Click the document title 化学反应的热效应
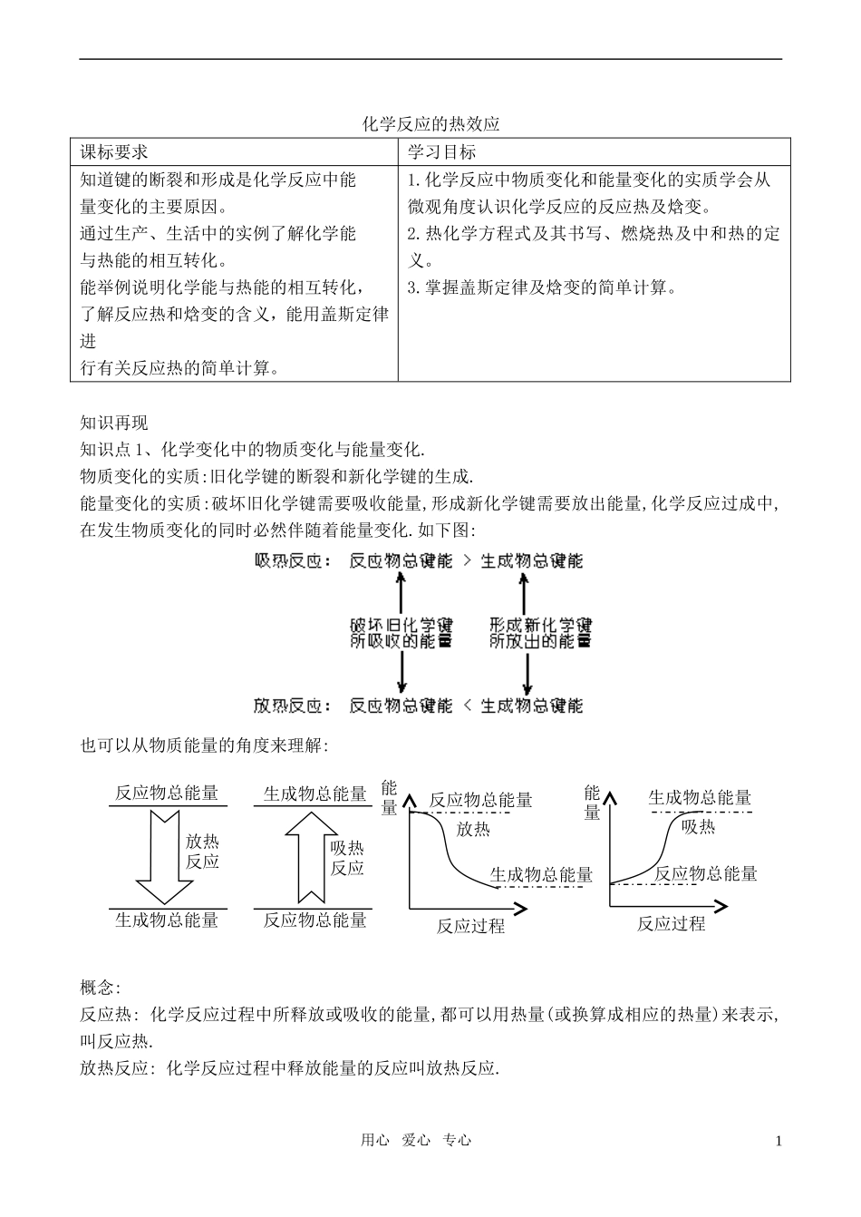[430, 124]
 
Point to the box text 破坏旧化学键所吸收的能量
[401, 633]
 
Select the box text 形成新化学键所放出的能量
[540, 633]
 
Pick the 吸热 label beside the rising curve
[698, 826]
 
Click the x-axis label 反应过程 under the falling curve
[470, 926]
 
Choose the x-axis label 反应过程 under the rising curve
[671, 924]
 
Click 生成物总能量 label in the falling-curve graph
[541, 875]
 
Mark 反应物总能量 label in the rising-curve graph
[705, 874]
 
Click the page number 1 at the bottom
[779, 1141]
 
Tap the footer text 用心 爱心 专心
[416, 1141]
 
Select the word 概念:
[100, 988]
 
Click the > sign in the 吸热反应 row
[466, 561]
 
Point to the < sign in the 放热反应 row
[466, 706]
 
